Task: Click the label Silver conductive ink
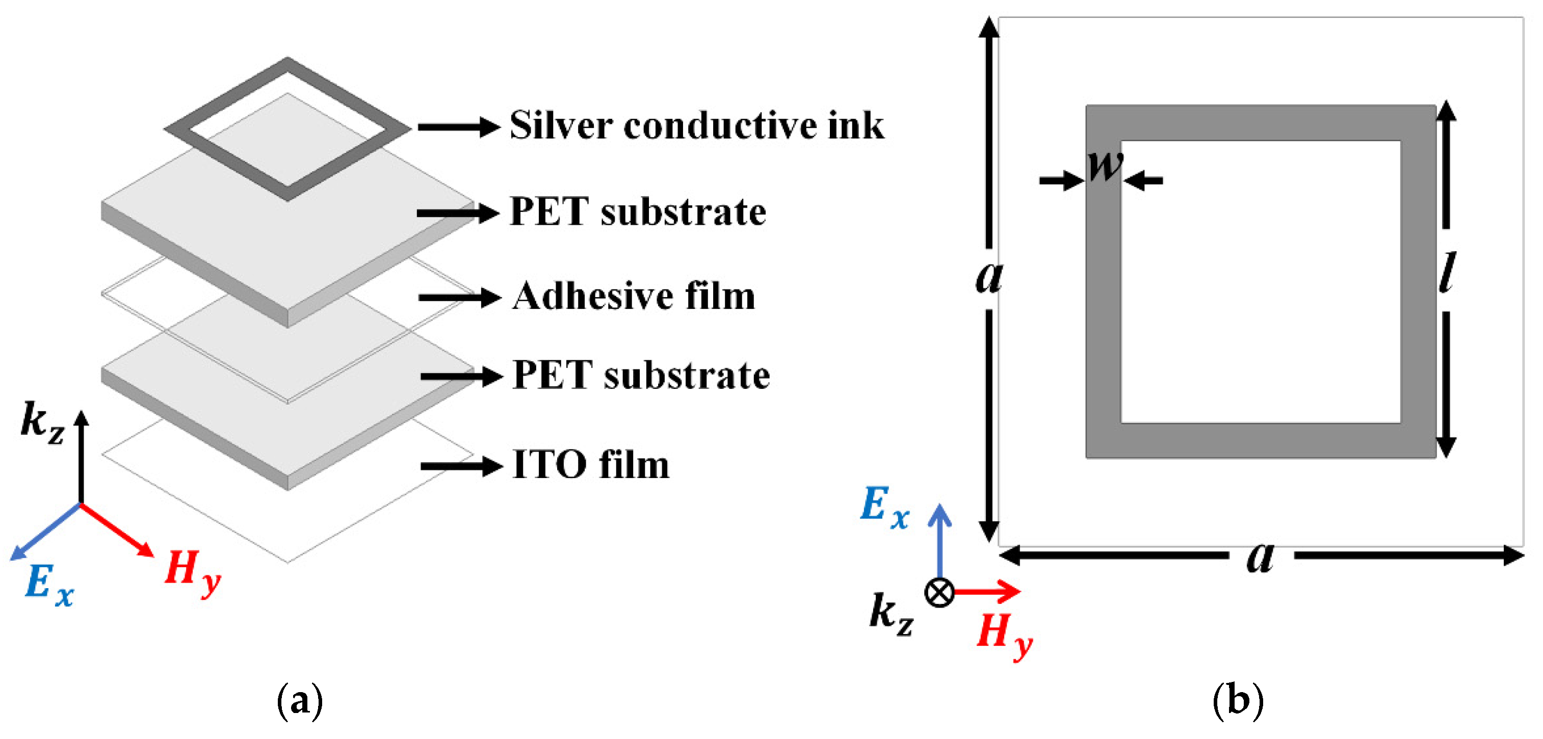tap(696, 126)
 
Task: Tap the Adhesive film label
tap(634, 297)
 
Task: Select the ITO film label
tap(591, 465)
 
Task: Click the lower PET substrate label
tap(641, 376)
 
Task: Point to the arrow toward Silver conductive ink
tap(458, 127)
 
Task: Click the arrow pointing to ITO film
tap(461, 466)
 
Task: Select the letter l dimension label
tap(1447, 273)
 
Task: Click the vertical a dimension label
tap(989, 277)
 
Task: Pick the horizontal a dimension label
tap(1260, 557)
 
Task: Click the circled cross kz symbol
tap(939, 592)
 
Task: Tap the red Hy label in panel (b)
tap(1003, 635)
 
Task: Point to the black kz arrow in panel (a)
tap(82, 455)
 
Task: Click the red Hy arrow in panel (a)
tap(117, 530)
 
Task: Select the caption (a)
tap(300, 699)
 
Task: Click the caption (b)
tap(1238, 699)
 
